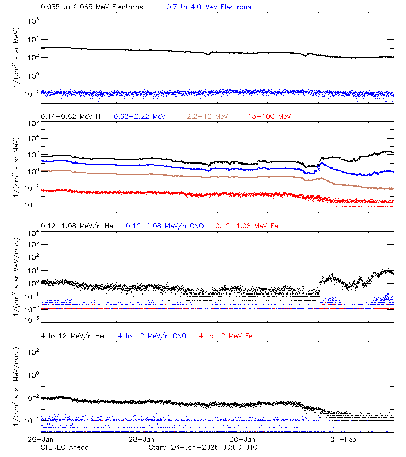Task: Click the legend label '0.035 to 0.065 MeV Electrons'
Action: click(92, 7)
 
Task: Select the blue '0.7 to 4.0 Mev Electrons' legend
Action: click(209, 7)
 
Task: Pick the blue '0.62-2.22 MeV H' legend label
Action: click(144, 117)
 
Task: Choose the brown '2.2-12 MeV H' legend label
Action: click(212, 117)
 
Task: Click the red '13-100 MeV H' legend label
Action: click(274, 117)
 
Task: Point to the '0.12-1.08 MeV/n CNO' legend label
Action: click(165, 226)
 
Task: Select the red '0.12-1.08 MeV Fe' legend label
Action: click(247, 226)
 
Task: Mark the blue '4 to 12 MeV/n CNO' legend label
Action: click(152, 336)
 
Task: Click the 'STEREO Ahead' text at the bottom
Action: click(64, 447)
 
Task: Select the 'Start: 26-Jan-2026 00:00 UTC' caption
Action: click(203, 447)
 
